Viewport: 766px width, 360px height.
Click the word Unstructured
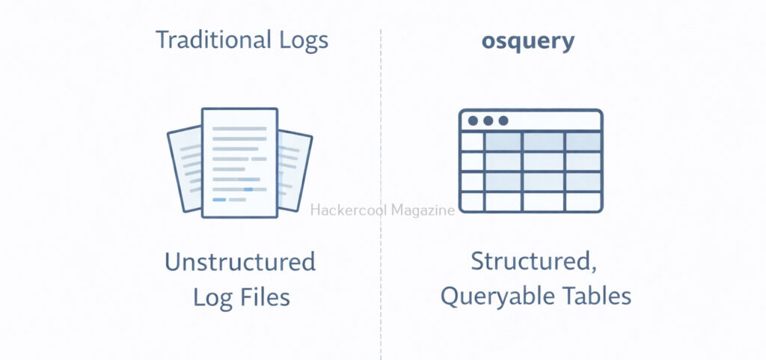[x=239, y=263]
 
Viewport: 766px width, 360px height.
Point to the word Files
[x=265, y=297]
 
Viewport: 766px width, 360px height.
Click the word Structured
[x=527, y=263]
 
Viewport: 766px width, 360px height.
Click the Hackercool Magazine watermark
[x=382, y=210]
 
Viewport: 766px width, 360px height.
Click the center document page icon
[x=239, y=161]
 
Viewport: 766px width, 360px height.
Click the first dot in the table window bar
[x=473, y=120]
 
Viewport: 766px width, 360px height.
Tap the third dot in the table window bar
[x=503, y=120]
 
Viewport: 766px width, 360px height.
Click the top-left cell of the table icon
[x=472, y=141]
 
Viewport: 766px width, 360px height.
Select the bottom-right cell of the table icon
[x=583, y=201]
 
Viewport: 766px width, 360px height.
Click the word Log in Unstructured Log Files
[x=212, y=297]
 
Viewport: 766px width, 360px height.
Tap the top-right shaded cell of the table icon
[x=583, y=141]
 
